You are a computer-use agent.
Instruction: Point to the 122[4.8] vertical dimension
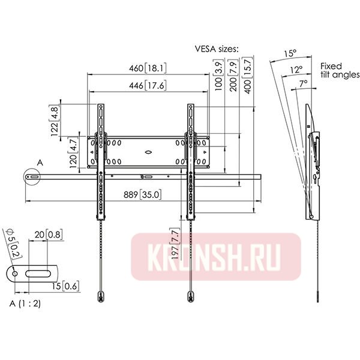click(x=55, y=119)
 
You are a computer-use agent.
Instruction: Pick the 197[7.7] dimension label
click(x=175, y=243)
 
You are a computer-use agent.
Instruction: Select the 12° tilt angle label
click(x=295, y=70)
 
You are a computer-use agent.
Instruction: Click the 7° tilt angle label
click(x=304, y=83)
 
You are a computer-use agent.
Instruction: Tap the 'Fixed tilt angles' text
click(x=338, y=71)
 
